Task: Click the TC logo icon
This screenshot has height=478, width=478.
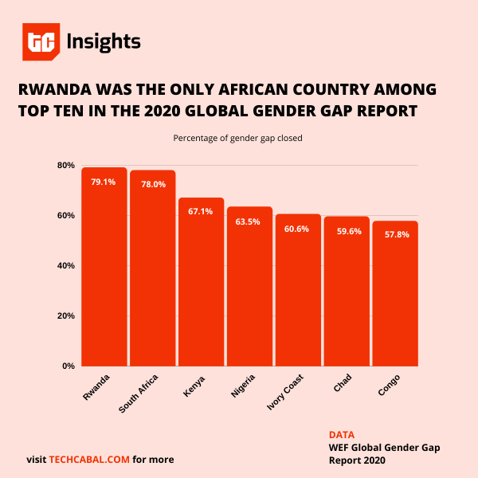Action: tap(40, 42)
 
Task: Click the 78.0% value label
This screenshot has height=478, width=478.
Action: tap(153, 184)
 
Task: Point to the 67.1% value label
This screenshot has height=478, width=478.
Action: tap(201, 211)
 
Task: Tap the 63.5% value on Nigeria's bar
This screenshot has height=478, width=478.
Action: tap(249, 221)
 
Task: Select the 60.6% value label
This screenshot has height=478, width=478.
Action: tap(298, 229)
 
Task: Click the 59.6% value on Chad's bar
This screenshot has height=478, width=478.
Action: tap(347, 231)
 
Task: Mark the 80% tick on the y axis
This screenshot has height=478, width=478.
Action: tap(66, 166)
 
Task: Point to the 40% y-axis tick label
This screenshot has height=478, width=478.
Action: tap(66, 265)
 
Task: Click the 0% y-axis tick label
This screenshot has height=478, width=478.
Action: tap(69, 366)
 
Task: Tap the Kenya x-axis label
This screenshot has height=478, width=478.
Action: tap(194, 383)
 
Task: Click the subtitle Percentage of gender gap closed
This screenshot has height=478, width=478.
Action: tap(238, 138)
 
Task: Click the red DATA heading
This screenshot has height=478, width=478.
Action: tap(341, 435)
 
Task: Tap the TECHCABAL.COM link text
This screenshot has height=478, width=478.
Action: tap(89, 460)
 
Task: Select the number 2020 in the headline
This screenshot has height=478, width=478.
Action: tap(249, 110)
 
